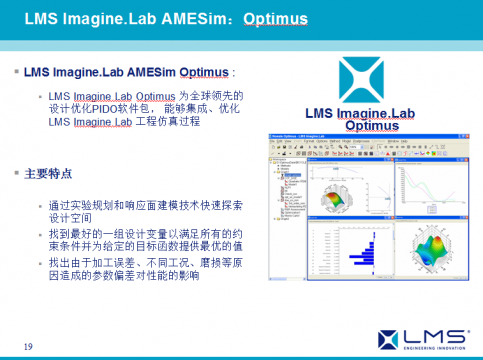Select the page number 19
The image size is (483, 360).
28,346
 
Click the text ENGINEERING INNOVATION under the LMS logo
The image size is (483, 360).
432,349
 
